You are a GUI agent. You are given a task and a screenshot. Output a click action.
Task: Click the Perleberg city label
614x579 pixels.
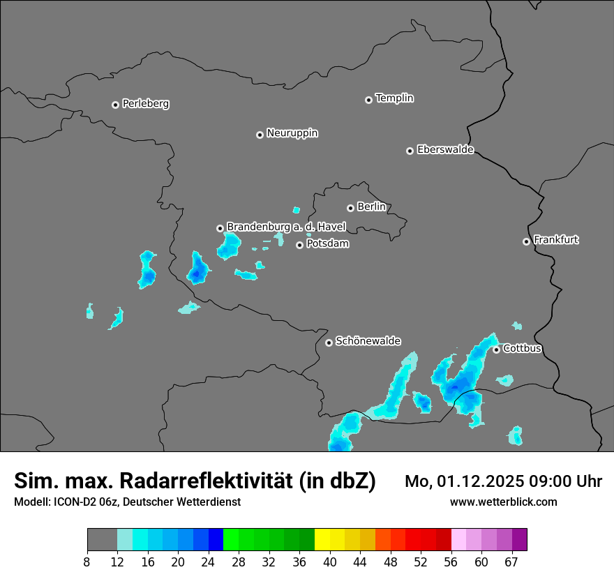146,104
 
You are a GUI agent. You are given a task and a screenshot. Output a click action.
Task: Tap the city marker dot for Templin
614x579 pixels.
368,100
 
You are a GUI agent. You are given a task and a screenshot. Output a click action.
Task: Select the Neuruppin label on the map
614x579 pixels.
292,133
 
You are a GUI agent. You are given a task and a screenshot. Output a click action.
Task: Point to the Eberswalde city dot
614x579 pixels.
410,151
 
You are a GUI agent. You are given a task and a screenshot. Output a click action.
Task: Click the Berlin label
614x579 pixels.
371,207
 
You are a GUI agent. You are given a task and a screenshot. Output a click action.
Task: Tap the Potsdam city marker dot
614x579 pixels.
299,245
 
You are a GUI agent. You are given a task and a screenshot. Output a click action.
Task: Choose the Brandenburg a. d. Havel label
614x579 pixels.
286,227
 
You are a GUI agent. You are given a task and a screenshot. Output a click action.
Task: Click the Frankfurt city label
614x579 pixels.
556,240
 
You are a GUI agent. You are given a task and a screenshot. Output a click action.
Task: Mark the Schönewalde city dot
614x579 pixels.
329,343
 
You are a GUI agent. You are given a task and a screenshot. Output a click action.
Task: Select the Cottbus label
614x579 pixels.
523,348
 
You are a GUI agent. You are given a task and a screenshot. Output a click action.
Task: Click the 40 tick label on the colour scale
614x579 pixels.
330,562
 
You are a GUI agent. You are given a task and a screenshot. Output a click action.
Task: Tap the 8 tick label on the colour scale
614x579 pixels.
87,562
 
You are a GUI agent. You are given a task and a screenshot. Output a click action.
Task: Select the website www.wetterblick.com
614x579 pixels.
503,502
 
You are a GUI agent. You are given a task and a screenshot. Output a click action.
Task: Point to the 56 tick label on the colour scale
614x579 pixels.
451,562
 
